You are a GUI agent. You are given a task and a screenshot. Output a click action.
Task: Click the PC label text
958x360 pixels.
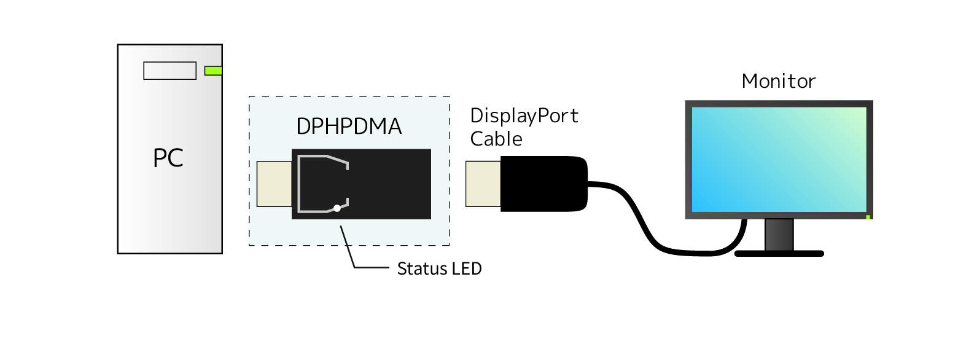(x=168, y=158)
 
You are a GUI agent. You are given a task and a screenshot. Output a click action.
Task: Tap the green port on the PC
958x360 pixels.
(x=212, y=71)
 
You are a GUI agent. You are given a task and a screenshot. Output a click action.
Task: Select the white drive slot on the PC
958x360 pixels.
(x=169, y=71)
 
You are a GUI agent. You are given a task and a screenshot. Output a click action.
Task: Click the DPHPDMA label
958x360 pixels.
(x=349, y=127)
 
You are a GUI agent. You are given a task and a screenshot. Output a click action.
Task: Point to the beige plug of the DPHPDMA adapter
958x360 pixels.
(x=274, y=183)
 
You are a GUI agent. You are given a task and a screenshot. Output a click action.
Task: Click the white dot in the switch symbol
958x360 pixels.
(x=337, y=208)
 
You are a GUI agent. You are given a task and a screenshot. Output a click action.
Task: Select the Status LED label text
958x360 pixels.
(x=439, y=268)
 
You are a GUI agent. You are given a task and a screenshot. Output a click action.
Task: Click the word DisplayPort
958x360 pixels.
(x=524, y=116)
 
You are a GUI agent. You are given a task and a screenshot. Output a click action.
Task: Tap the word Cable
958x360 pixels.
(x=496, y=139)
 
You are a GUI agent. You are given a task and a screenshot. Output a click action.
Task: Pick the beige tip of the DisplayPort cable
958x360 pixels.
(x=483, y=183)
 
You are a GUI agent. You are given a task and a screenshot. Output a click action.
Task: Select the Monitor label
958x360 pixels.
(x=779, y=81)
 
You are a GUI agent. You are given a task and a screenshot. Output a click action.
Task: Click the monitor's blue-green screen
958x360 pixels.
(x=779, y=159)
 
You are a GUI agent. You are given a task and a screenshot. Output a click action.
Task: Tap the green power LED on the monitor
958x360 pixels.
(x=868, y=217)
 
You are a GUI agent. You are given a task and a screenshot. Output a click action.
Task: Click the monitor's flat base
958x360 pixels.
(x=779, y=253)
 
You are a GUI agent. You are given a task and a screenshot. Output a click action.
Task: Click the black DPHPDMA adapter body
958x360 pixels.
(x=387, y=183)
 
